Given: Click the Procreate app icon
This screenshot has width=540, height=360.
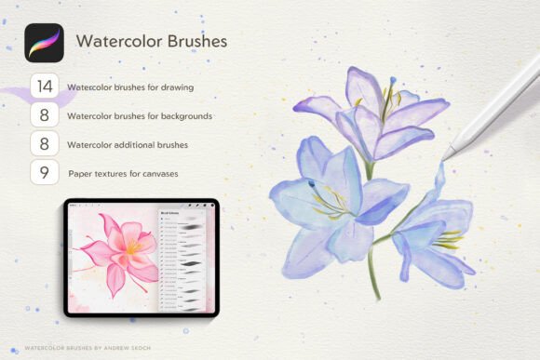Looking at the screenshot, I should (44, 43).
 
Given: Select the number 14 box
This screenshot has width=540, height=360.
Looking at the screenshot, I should (44, 87).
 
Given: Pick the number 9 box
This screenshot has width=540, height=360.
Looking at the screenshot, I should (44, 173).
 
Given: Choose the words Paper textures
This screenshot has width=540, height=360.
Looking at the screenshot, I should (98, 174).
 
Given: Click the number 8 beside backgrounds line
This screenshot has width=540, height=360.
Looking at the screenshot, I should (44, 116).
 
